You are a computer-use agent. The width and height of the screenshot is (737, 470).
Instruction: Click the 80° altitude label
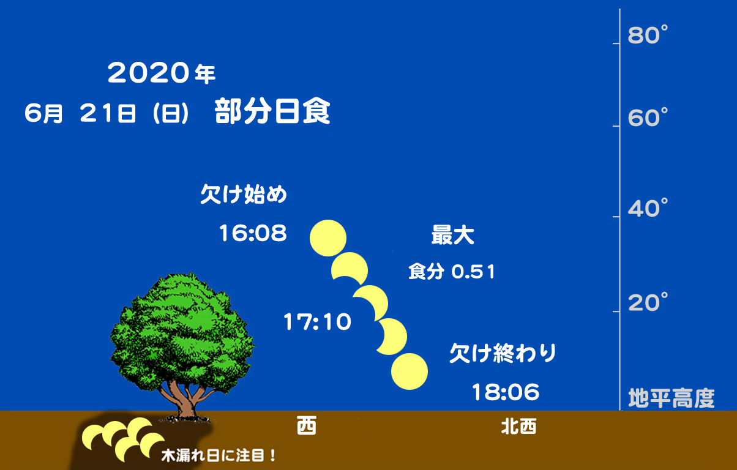point(648,35)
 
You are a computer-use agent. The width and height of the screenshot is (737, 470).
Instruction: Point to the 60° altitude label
point(648,117)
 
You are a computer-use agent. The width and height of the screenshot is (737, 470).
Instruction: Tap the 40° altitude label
point(648,208)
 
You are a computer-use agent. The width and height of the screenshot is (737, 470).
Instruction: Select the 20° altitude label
point(648,302)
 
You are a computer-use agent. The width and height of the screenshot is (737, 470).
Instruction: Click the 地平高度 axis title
point(672,398)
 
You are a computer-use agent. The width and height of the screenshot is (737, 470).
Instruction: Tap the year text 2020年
point(162,73)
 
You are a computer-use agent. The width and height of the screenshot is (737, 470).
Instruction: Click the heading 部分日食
point(272,111)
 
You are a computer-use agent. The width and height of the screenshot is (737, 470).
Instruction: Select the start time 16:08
point(253,233)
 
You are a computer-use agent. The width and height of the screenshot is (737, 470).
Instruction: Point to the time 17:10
point(317,321)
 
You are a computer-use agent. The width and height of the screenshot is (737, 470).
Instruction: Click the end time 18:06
point(506,392)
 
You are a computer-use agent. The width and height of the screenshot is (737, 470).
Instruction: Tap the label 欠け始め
point(244,194)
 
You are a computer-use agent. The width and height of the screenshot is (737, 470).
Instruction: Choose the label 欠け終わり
point(503,353)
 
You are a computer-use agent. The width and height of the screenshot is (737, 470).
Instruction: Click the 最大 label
point(453,235)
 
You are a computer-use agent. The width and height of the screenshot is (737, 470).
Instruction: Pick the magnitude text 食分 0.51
point(452,272)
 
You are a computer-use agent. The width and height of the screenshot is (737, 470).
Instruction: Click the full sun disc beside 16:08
point(328,238)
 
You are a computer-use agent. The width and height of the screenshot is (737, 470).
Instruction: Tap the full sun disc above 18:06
point(410,371)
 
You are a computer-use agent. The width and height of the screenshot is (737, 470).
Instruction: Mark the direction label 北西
point(519,427)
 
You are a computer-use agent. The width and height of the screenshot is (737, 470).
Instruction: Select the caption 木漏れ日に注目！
point(219,456)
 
